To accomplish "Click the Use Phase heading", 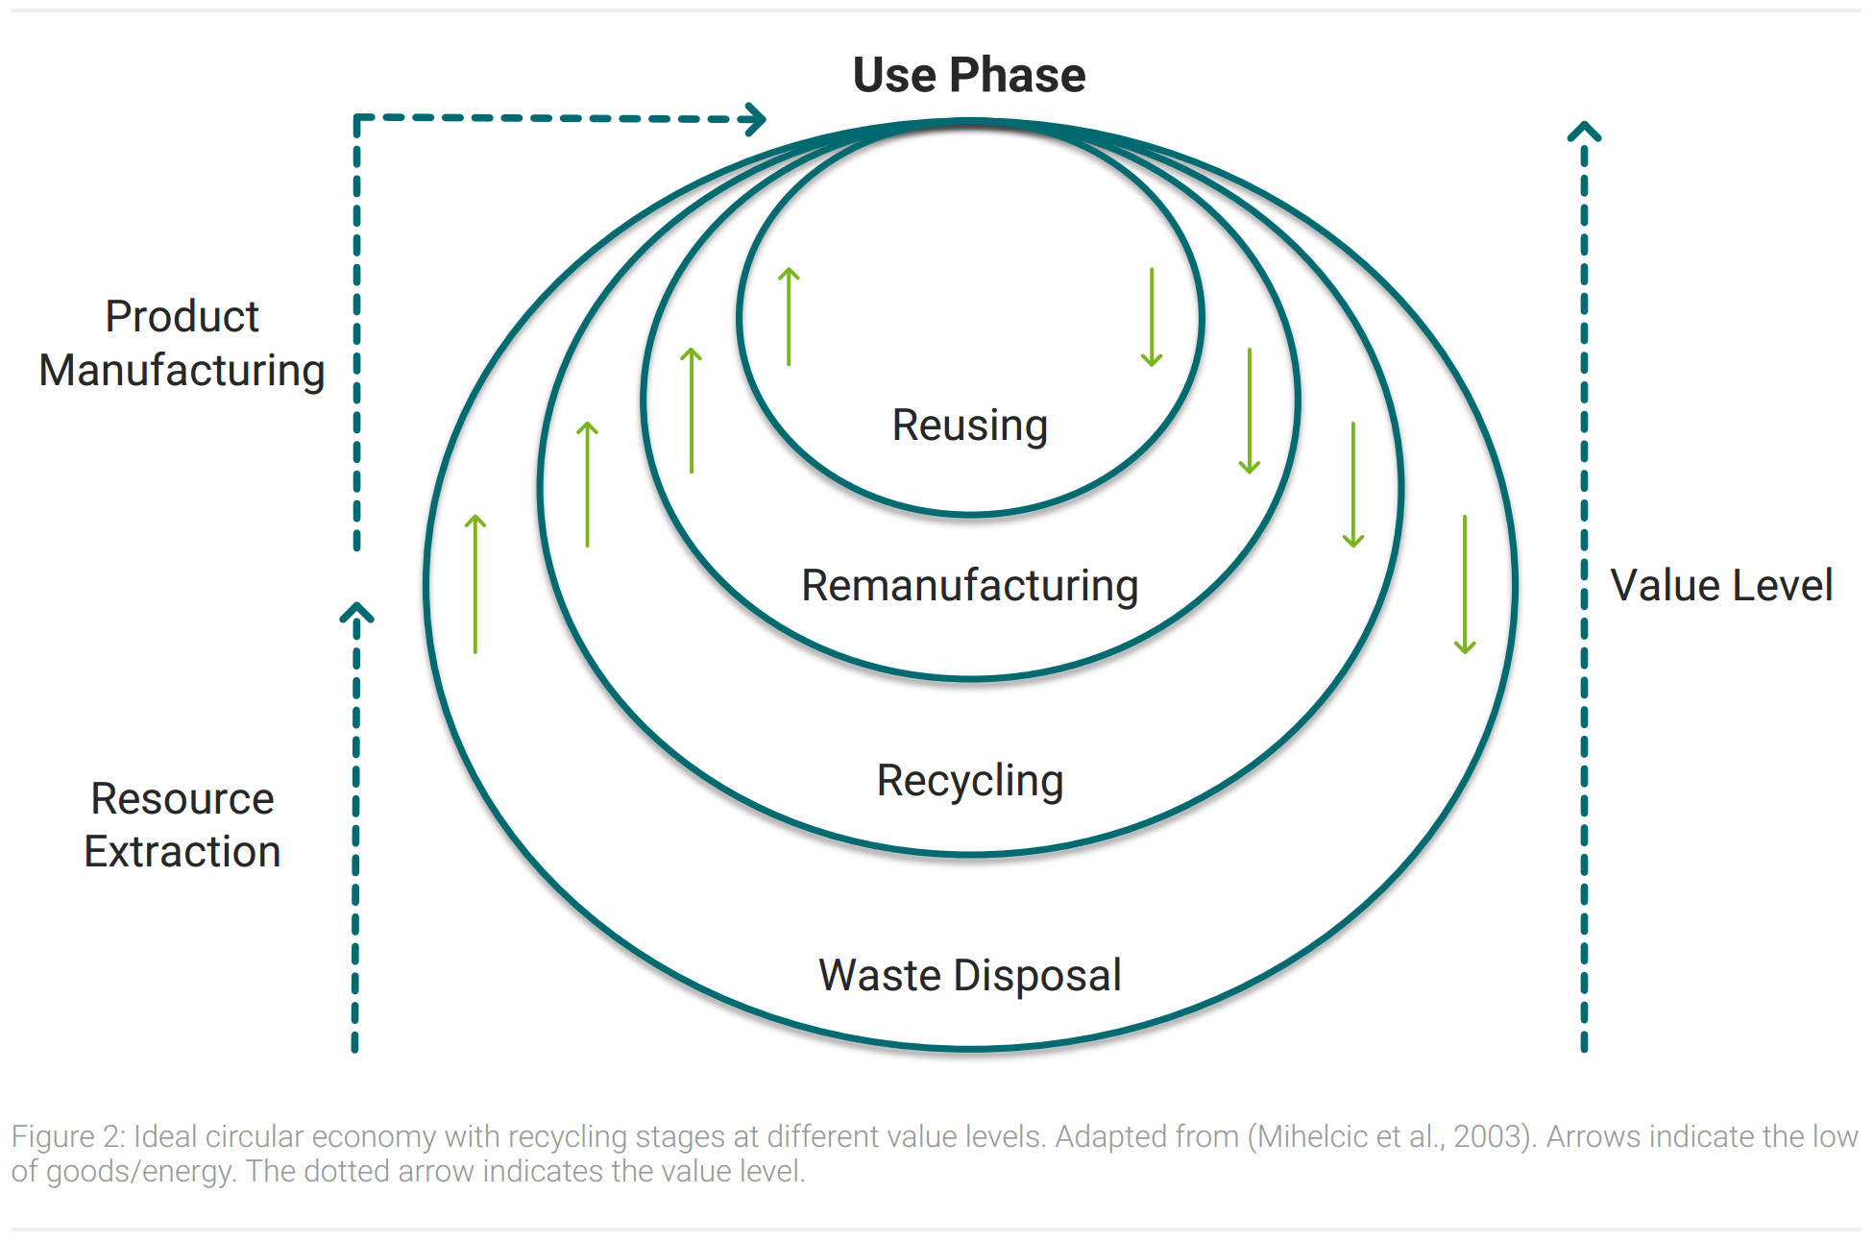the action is (969, 75).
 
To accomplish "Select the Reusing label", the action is (970, 426).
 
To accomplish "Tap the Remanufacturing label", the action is (970, 585).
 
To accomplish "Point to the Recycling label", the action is (970, 781).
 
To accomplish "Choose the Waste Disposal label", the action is (970, 975).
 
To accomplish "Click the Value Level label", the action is (1721, 585).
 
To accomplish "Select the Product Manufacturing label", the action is (182, 343).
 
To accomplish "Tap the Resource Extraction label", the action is (182, 825).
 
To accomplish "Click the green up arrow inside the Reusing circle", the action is (789, 316).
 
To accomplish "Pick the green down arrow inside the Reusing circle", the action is (1152, 317).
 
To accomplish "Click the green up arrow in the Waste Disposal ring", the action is (475, 584).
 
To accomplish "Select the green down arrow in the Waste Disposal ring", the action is (1465, 584).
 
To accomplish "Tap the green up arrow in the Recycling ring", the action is (587, 484).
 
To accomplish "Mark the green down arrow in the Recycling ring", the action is (1353, 484).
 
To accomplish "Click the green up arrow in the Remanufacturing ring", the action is (691, 410).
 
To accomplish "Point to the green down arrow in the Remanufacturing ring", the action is (1250, 411).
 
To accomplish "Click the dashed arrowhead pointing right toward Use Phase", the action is (755, 119).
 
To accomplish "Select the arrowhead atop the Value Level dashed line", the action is (1585, 131).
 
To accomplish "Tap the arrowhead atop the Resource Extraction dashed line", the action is (356, 613).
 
